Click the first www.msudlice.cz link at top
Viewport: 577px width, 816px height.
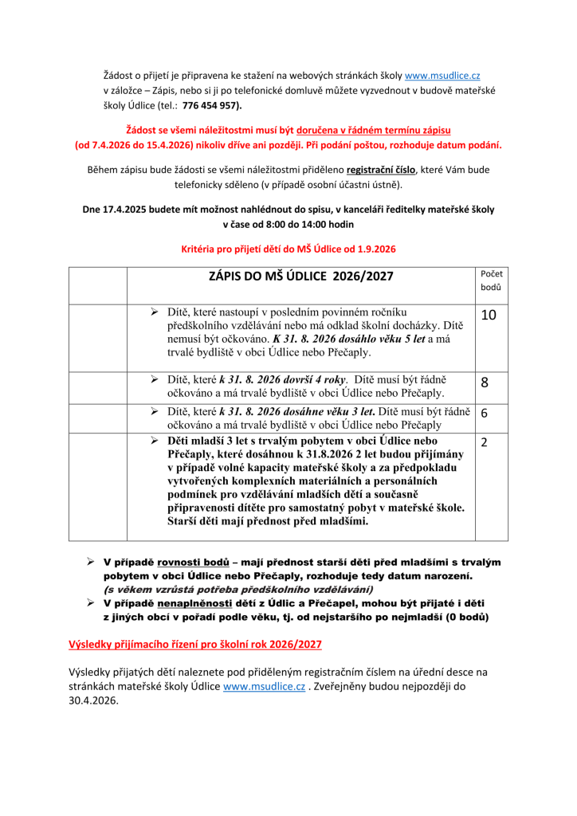442,76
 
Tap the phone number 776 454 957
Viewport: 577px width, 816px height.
210,105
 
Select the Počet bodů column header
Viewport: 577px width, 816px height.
490,280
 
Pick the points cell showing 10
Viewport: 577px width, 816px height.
489,316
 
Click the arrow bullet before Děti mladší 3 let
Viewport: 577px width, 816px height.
155,441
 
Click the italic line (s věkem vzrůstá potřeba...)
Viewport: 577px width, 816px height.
237,589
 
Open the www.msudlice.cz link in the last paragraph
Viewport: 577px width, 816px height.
264,686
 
